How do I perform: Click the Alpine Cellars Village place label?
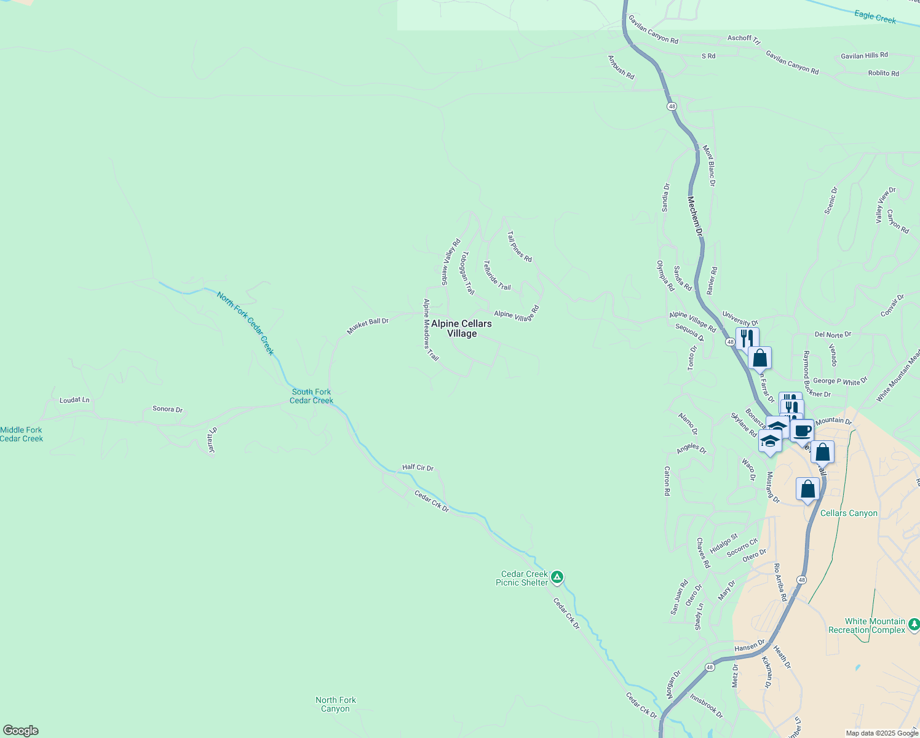pos(461,328)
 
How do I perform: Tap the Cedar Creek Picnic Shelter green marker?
pos(557,577)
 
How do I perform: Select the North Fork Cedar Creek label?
pos(245,323)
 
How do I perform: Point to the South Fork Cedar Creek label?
pos(311,396)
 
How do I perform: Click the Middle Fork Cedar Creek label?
pos(22,434)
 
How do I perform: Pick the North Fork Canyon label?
pos(336,704)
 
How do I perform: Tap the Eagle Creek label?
pos(875,17)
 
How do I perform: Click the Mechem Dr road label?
pos(694,216)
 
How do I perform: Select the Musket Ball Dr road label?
pos(368,325)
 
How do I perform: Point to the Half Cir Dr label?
pos(418,467)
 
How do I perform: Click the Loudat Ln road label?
pos(74,400)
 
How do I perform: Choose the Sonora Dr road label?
pos(167,409)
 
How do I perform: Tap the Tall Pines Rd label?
pos(520,247)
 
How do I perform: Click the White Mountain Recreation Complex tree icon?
pos(914,625)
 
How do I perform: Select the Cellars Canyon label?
pos(849,513)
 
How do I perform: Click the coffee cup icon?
pos(802,430)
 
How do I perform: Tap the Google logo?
pos(20,731)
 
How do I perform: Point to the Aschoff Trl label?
pos(744,39)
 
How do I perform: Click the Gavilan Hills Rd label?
pos(864,55)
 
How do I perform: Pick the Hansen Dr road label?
pos(749,646)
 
